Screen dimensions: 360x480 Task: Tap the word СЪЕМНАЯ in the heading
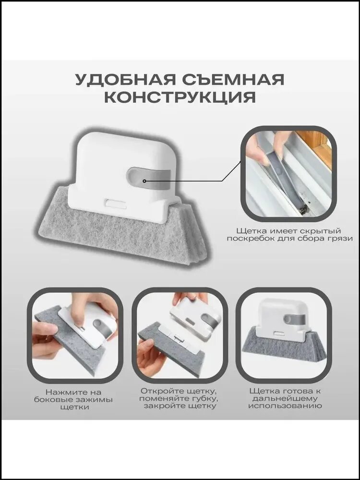[233, 80]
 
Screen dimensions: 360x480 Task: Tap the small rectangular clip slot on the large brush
[115, 204]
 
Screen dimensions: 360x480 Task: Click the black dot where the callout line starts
[144, 181]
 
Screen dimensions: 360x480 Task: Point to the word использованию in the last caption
[285, 406]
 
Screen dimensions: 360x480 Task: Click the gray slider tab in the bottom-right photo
[294, 319]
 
